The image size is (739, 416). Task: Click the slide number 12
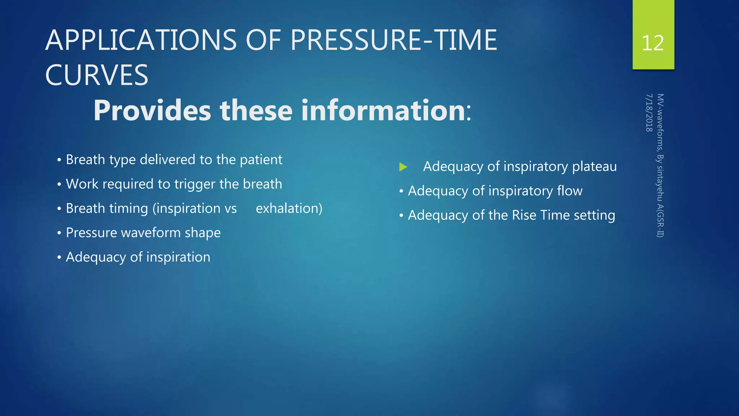tap(653, 43)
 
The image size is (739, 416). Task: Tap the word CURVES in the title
tap(97, 75)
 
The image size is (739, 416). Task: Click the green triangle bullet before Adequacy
tap(403, 167)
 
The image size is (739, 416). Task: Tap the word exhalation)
tap(289, 208)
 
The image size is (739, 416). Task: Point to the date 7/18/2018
tap(649, 113)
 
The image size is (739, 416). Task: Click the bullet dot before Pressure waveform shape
tap(59, 233)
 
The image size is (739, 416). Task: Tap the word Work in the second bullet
tap(82, 184)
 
